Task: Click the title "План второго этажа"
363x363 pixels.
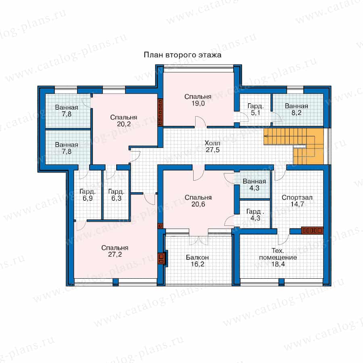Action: coord(182,55)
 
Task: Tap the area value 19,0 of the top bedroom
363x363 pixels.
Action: coord(198,104)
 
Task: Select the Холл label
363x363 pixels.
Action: coord(212,143)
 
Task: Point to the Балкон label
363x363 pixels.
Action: coord(197,257)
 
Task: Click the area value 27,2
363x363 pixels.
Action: coord(115,255)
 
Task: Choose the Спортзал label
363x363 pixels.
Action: coord(297,198)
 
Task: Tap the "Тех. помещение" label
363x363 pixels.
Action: coord(278,254)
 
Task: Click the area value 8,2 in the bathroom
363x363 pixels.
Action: coord(296,113)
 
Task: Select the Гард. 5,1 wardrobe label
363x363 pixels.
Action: coord(256,109)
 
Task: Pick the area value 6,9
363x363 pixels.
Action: coord(88,198)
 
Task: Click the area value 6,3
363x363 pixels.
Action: coord(116,198)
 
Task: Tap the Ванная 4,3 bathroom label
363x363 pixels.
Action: coord(254,184)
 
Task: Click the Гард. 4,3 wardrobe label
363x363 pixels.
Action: coord(255,215)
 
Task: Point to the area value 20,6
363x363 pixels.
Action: coord(198,204)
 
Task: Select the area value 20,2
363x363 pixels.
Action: coord(124,124)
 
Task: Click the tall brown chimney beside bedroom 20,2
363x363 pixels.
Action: coord(160,113)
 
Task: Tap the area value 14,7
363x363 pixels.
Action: coord(297,204)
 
